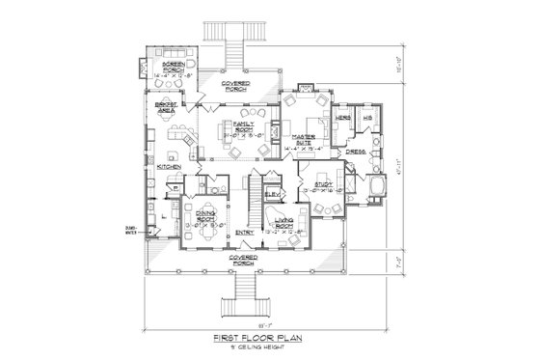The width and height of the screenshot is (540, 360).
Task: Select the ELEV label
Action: (272, 194)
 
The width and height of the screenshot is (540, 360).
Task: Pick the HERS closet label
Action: (342, 118)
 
